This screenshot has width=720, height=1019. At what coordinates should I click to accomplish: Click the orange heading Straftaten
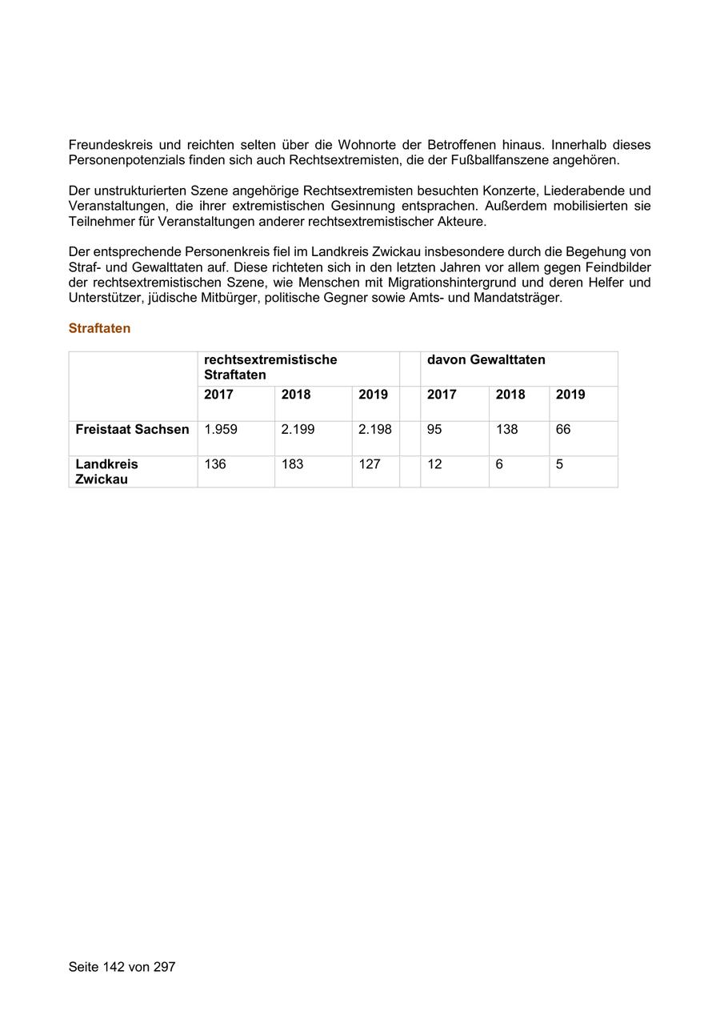pyautogui.click(x=99, y=328)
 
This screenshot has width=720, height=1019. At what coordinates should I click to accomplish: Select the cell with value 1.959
pyautogui.click(x=221, y=430)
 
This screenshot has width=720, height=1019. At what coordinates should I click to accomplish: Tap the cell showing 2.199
pyautogui.click(x=298, y=430)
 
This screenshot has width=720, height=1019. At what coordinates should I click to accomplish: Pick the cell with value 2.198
pyautogui.click(x=374, y=430)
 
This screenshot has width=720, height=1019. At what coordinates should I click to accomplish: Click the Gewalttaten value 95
pyautogui.click(x=434, y=430)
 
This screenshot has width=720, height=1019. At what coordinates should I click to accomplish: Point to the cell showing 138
pyautogui.click(x=506, y=430)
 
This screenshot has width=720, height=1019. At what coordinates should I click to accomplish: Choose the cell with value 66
pyautogui.click(x=563, y=430)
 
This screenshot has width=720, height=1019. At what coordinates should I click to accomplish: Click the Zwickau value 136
pyautogui.click(x=215, y=464)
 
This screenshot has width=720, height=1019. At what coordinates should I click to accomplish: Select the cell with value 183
pyautogui.click(x=292, y=464)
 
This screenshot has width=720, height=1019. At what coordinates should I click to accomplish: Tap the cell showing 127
pyautogui.click(x=369, y=464)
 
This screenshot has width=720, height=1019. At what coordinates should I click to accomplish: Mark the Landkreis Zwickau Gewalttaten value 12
pyautogui.click(x=434, y=464)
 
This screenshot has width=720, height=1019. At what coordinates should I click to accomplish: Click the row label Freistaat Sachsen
pyautogui.click(x=132, y=430)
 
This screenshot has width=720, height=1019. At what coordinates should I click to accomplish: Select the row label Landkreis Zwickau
pyautogui.click(x=106, y=471)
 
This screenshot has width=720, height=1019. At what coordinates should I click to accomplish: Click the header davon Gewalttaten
pyautogui.click(x=486, y=360)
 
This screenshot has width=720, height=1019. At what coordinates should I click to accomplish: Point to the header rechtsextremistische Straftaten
pyautogui.click(x=270, y=367)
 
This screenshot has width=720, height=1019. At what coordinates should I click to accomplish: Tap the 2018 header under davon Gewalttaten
pyautogui.click(x=510, y=395)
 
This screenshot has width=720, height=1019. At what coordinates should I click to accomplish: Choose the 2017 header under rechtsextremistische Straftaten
pyautogui.click(x=218, y=395)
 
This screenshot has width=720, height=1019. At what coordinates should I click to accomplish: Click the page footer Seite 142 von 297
pyautogui.click(x=122, y=967)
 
